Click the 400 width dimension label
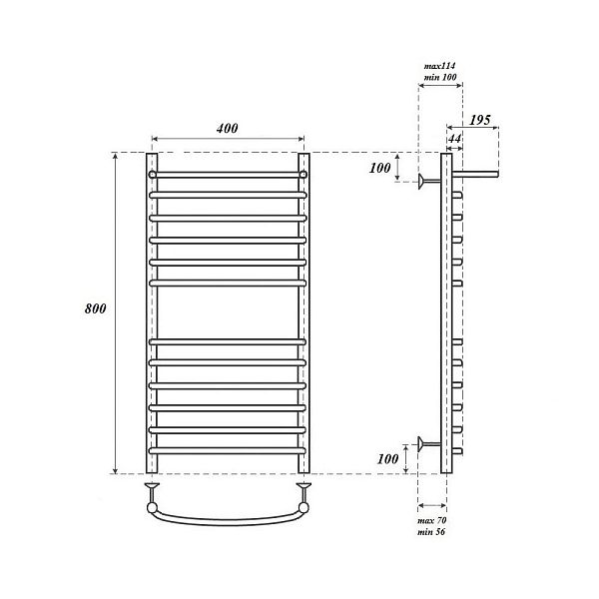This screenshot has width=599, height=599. tap(228, 129)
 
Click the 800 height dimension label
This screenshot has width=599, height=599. tap(96, 308)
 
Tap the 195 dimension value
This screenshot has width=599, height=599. tap(480, 120)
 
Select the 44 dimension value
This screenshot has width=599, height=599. tap(454, 139)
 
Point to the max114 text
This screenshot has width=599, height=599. tap(439, 66)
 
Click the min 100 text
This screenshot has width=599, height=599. tap(440, 77)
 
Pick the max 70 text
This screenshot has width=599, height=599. tap(432, 520)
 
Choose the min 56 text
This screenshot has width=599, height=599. tap(431, 531)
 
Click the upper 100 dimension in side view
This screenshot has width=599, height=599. tap(380, 168)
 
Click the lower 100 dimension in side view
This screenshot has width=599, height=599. tap(387, 459)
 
